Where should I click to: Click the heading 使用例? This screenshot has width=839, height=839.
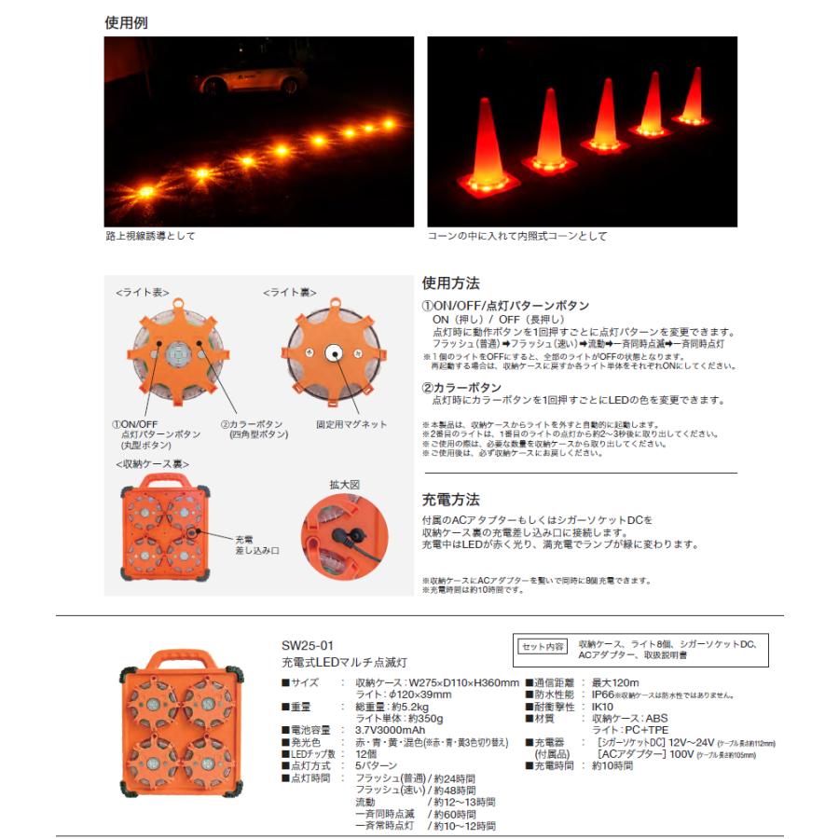pos(126,22)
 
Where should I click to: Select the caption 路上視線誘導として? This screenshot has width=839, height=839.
pos(151,237)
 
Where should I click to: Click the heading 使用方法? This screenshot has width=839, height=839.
pos(451,282)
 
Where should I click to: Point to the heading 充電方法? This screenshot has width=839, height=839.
pos(451,501)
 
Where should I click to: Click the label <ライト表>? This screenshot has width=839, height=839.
pos(143,293)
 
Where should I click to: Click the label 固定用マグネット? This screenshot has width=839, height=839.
pos(351,425)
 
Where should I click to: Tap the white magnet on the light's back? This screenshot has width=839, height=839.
pos(332,353)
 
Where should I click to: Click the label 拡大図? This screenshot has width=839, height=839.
pos(344,486)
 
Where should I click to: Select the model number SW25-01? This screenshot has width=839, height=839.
pos(307,645)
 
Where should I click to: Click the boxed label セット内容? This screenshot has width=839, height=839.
pos(541,646)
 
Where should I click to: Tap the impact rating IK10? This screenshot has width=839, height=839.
pos(605,708)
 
